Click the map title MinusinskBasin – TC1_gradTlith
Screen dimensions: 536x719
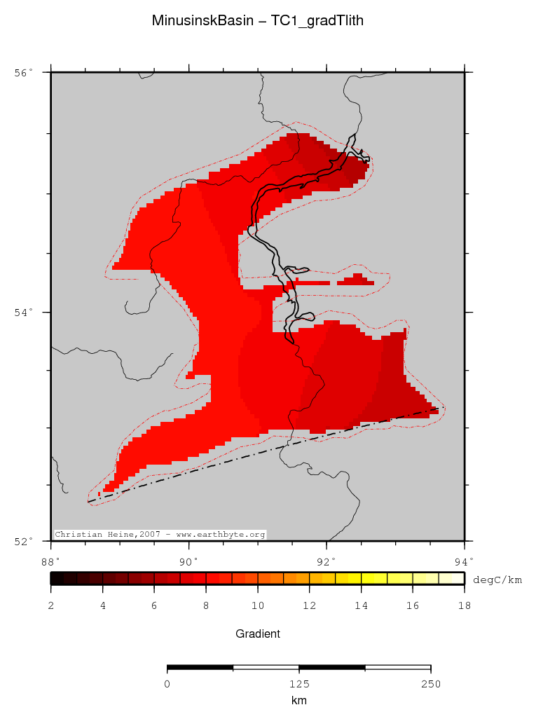(257, 21)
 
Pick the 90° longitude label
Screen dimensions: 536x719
(188, 561)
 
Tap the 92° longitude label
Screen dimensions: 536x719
(327, 561)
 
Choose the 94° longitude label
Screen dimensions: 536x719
(464, 561)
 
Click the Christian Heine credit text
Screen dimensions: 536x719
(160, 535)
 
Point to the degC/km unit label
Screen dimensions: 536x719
(497, 580)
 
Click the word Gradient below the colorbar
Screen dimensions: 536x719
(258, 634)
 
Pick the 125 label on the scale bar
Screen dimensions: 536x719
(299, 684)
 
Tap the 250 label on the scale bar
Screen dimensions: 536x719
(430, 684)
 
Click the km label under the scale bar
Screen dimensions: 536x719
(298, 700)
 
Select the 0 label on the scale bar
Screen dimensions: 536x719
(167, 684)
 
